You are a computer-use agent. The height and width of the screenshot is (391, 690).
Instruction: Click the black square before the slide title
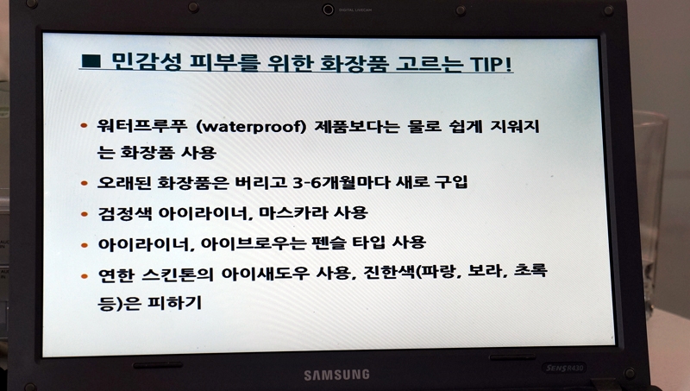tap(91, 60)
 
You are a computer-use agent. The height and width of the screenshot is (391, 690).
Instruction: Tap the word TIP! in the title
tap(492, 64)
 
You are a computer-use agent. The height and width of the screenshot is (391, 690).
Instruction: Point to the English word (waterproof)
tap(251, 127)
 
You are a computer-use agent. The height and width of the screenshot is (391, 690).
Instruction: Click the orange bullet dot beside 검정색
tap(85, 214)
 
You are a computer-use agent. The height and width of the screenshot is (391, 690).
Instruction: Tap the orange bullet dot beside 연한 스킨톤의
tap(85, 276)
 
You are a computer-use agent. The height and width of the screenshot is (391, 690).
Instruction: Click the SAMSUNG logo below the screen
tap(336, 375)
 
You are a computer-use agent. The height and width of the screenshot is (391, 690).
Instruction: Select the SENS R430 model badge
tap(564, 368)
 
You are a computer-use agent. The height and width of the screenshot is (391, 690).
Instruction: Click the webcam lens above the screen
tap(328, 9)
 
